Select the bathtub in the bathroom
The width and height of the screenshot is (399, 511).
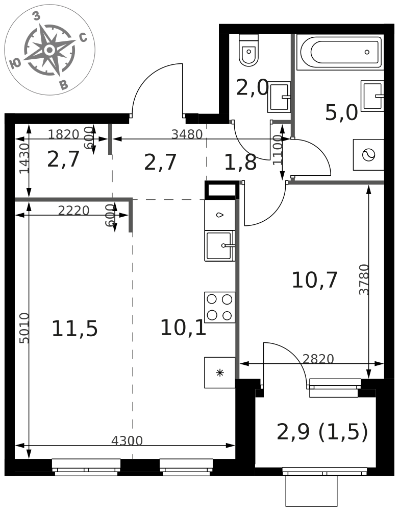point(341,52)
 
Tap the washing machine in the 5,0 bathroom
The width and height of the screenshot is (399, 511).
point(369,155)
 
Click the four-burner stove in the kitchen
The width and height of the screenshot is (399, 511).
point(220,307)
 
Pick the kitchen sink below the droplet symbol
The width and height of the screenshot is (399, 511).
point(219,246)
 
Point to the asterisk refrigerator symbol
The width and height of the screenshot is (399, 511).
point(220,373)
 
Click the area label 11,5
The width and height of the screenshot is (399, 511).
point(74,329)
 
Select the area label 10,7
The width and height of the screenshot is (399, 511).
point(314,280)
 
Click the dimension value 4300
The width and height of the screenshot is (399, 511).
point(127,441)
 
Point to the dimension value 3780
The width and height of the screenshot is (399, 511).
point(364,280)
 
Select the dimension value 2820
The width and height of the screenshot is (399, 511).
point(318,359)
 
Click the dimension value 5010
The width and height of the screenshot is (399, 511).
point(24,328)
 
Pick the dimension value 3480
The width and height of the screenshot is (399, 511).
point(187,134)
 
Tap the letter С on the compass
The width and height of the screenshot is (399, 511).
point(83,38)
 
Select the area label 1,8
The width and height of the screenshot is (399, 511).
point(240,162)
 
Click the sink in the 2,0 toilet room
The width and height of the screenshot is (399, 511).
point(279,97)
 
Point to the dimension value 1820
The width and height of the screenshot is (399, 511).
point(64,134)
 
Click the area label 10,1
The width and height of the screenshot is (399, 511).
point(183,328)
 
